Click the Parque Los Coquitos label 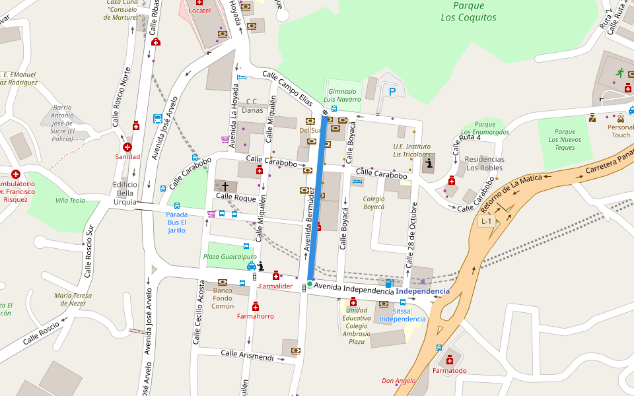tap(468, 13)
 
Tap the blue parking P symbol tap(392, 92)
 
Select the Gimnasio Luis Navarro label tap(343, 95)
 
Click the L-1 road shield tap(487, 222)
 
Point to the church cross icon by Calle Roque tap(225, 187)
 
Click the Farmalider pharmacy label tap(275, 286)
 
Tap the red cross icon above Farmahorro tap(256, 306)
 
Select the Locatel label tap(199, 11)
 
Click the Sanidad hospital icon tap(127, 147)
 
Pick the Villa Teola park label tap(70, 200)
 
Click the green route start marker tap(309, 284)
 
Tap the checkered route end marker tap(324, 113)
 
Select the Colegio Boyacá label tap(374, 203)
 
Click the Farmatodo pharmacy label tap(449, 370)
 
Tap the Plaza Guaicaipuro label tap(230, 256)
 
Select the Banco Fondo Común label tap(223, 298)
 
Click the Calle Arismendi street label tap(247, 356)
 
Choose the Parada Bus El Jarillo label tap(176, 222)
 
